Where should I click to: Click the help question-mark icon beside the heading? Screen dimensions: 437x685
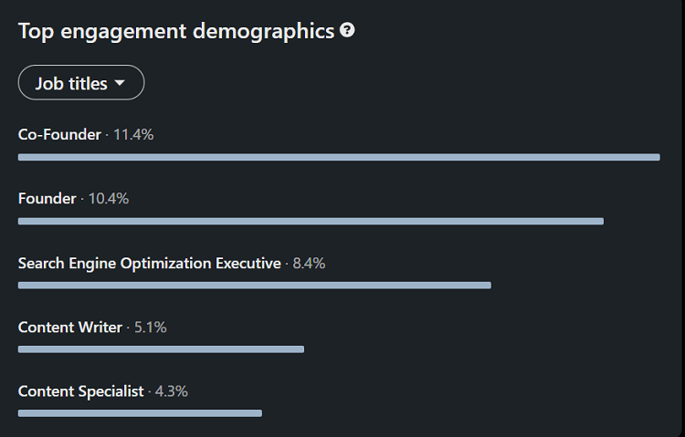[347, 30]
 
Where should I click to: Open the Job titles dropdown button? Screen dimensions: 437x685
[80, 83]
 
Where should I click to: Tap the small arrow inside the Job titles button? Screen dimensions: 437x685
[120, 84]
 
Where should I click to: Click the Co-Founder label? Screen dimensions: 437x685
[59, 135]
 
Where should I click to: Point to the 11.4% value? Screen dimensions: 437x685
[133, 135]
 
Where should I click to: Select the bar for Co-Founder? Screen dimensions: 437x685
[338, 157]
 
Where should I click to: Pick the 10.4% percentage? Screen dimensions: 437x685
[109, 199]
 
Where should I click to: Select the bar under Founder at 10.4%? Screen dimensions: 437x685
[311, 221]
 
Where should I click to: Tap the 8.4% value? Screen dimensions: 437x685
[309, 264]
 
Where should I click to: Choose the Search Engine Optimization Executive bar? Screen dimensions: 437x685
[254, 285]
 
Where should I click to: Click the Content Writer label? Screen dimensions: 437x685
[69, 327]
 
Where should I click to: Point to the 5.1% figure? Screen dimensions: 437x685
[150, 327]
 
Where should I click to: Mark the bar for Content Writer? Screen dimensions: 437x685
[161, 349]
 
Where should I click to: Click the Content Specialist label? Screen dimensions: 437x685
[80, 391]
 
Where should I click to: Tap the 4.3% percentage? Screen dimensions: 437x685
[171, 391]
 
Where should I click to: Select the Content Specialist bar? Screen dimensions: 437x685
[140, 413]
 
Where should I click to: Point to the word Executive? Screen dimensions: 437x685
[248, 264]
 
